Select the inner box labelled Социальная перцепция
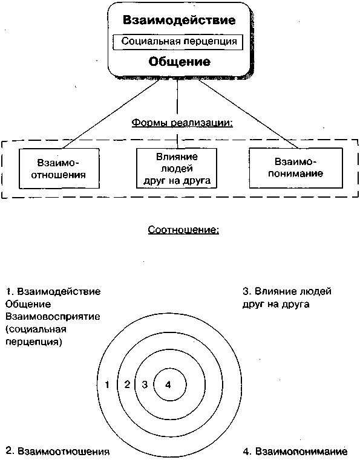pos(174,42)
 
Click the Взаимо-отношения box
pos(58,168)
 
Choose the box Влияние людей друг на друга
pos(175,168)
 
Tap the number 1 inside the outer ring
pos(106,384)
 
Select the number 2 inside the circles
pos(127,384)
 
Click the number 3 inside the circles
pos(145,384)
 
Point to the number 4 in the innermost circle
pos(169,384)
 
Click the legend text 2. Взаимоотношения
pos(58,451)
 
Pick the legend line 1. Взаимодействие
pos(53,291)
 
